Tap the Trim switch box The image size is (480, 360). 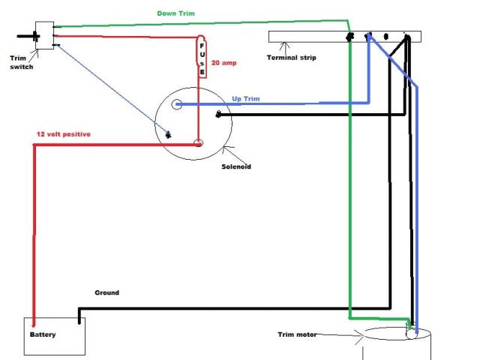pyautogui.click(x=44, y=35)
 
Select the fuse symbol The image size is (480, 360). pyautogui.click(x=201, y=58)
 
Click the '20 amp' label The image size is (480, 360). pyautogui.click(x=224, y=63)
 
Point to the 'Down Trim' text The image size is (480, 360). pyautogui.click(x=176, y=13)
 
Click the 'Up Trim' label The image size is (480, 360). pyautogui.click(x=246, y=99)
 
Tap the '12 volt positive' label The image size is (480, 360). pyautogui.click(x=64, y=133)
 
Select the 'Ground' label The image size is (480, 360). pyautogui.click(x=106, y=292)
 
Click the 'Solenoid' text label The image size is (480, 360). pyautogui.click(x=235, y=166)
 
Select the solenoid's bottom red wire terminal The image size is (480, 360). pyautogui.click(x=198, y=142)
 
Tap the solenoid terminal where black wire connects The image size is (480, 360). pyautogui.click(x=218, y=114)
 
